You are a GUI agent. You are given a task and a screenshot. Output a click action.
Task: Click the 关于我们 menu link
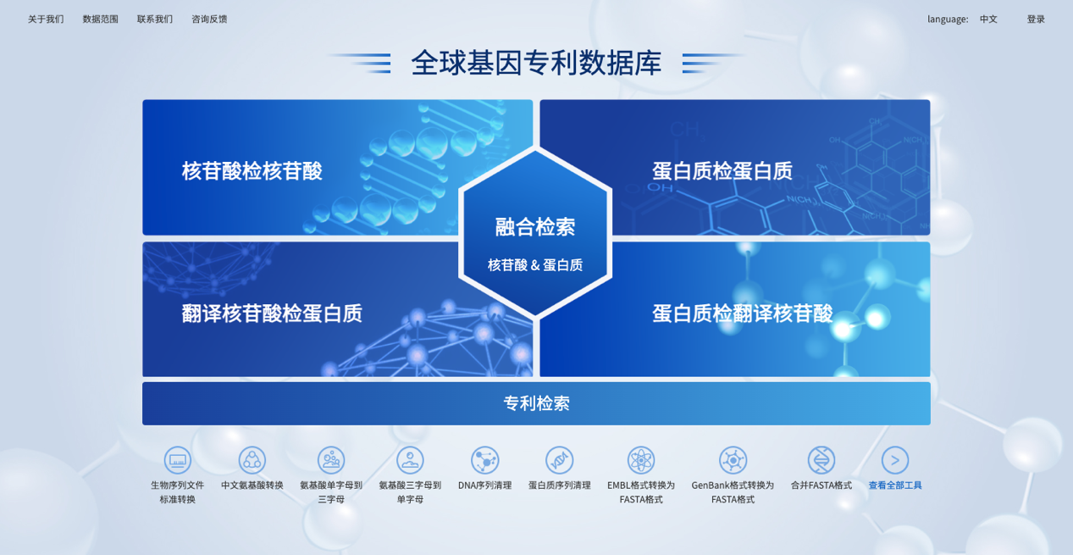coord(46,19)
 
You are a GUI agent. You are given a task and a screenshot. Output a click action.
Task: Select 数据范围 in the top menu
coord(100,19)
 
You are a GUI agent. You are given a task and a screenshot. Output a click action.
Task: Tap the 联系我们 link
coord(155,19)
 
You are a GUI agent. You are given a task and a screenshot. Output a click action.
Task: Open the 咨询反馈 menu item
coord(209,19)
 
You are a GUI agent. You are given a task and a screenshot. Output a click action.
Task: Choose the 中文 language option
coord(988,19)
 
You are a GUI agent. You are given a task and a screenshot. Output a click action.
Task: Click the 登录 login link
coord(1036,19)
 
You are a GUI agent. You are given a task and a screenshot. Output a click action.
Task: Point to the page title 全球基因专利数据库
coord(536,63)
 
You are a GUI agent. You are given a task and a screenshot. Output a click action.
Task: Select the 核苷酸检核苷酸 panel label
coord(252,171)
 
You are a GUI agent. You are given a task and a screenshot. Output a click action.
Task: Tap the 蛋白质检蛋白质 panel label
coord(722,171)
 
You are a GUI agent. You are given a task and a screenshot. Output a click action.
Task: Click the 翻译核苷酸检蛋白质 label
coord(272,314)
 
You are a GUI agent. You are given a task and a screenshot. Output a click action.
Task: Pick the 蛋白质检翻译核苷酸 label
coord(743,314)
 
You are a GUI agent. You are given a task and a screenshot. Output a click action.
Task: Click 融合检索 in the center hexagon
coord(535,227)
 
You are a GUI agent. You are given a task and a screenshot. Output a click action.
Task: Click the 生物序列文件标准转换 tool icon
coord(178,460)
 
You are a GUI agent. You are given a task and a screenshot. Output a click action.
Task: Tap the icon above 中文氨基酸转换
coord(252,460)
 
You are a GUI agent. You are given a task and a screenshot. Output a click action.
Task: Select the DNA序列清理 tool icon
coord(484,460)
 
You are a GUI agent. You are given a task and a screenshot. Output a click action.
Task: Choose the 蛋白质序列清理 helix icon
coord(560,460)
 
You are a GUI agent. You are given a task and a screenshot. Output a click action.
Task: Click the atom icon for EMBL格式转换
coord(641,460)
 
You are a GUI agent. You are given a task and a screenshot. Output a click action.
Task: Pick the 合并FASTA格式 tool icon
coord(821,460)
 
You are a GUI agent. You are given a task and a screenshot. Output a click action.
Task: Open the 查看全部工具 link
coord(895,485)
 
